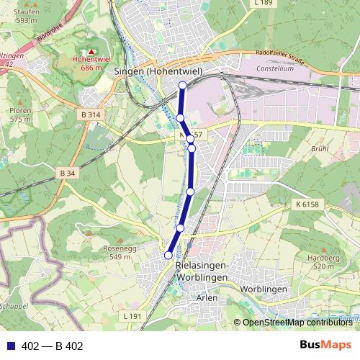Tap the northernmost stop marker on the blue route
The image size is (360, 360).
pos(182,85)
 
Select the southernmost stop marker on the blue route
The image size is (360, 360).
pos(168,255)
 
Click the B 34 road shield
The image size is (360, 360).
pos(68,173)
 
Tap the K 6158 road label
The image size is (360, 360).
pos(306,205)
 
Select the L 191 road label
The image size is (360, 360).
pos(132,316)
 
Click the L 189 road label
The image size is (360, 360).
pos(264,4)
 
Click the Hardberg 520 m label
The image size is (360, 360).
pos(323,261)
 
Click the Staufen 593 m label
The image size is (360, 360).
pos(26,17)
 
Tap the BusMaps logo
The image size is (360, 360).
pos(325,346)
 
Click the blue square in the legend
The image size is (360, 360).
pos(10,346)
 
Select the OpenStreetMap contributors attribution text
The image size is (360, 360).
pos(297,323)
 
